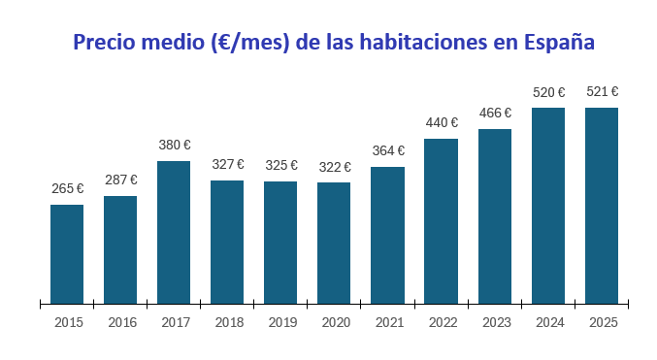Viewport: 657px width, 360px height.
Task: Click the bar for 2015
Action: click(67, 254)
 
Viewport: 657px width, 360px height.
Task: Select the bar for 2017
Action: click(174, 233)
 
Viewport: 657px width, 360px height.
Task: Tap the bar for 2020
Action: click(334, 243)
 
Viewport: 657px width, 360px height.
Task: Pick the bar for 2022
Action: click(441, 221)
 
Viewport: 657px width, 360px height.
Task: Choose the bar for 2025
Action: click(602, 206)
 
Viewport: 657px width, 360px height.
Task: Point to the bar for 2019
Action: click(280, 243)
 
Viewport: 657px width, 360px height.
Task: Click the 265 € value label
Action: click(67, 189)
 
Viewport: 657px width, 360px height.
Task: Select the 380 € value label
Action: click(175, 146)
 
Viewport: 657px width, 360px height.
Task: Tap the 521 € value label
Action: click(602, 92)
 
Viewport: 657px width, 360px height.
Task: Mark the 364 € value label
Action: click(388, 151)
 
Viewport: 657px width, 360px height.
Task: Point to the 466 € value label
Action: click(495, 114)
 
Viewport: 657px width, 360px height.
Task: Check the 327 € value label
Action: click(228, 165)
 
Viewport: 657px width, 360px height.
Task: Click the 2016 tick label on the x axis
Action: click(121, 322)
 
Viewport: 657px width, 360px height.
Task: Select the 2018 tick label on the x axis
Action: click(228, 322)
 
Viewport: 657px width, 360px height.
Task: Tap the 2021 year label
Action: click(388, 322)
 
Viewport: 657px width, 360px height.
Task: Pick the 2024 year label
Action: click(548, 322)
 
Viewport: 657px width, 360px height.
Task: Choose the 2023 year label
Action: click(495, 322)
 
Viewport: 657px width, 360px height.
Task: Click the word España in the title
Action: click(558, 44)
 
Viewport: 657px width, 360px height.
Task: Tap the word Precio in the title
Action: click(103, 43)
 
